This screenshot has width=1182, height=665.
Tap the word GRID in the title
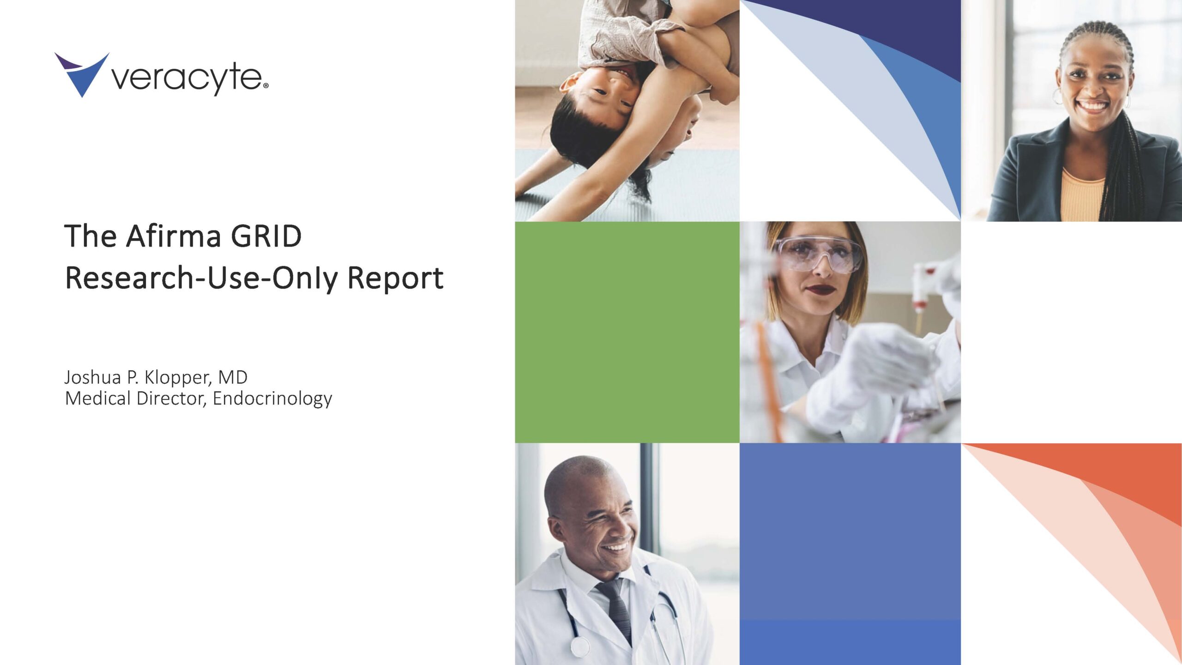pyautogui.click(x=266, y=236)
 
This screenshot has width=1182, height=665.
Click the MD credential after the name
pyautogui.click(x=233, y=377)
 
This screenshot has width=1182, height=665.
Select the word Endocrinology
pyautogui.click(x=272, y=399)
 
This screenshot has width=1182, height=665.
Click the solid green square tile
pyautogui.click(x=627, y=332)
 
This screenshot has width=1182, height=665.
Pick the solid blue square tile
pyautogui.click(x=850, y=554)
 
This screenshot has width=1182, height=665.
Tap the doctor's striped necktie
pyautogui.click(x=615, y=610)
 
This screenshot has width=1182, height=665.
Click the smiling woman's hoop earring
pyautogui.click(x=1057, y=97)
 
